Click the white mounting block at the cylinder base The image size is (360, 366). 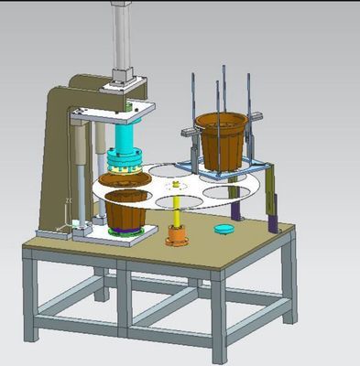coord(125,81)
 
